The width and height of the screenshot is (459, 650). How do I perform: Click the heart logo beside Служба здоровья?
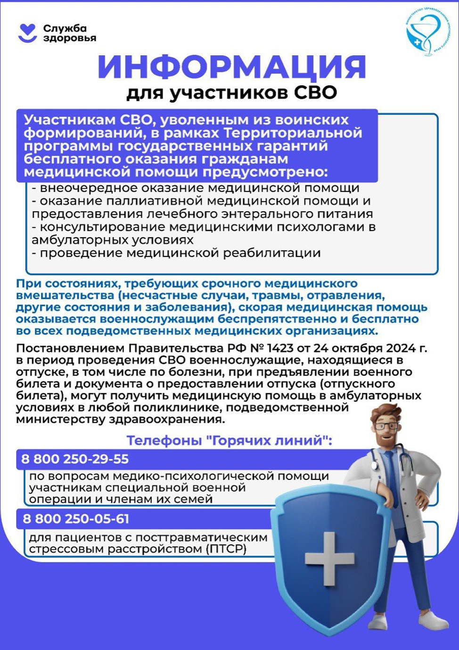pyautogui.click(x=27, y=33)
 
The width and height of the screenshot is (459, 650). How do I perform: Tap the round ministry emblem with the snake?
pyautogui.click(x=427, y=32)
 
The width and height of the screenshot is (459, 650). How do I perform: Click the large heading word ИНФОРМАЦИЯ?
pyautogui.click(x=231, y=67)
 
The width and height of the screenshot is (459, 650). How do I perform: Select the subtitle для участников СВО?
pyautogui.click(x=231, y=93)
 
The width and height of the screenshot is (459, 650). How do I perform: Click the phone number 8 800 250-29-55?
pyautogui.click(x=75, y=459)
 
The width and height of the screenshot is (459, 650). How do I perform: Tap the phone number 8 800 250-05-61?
pyautogui.click(x=76, y=519)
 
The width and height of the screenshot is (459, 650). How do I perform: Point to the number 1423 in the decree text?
pyautogui.click(x=282, y=349)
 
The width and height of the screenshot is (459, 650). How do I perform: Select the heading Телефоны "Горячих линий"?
pyautogui.click(x=229, y=441)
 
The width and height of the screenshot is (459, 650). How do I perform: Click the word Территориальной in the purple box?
pyautogui.click(x=292, y=133)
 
